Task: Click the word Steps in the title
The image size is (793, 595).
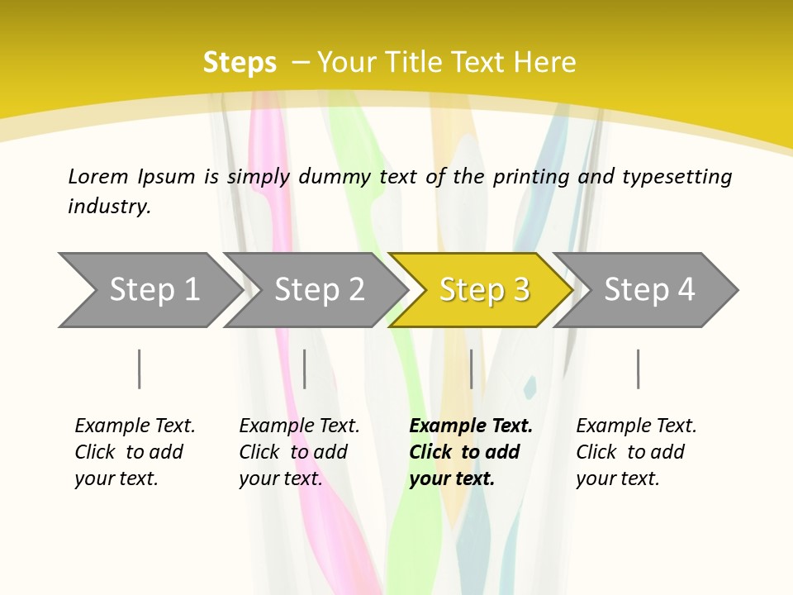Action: point(240,63)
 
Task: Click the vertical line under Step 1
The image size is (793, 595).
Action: point(140,369)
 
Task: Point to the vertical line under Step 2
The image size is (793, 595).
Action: point(305,369)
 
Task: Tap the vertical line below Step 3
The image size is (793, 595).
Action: point(472,369)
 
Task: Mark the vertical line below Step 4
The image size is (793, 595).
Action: point(639,369)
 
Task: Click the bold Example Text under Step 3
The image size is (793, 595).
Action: point(471,426)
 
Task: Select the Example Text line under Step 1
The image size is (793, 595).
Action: point(135,426)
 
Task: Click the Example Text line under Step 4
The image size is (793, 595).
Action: point(636,426)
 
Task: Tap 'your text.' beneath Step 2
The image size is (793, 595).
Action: point(281,478)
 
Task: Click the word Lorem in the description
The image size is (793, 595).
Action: point(98,177)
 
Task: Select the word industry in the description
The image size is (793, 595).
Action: point(108,207)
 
